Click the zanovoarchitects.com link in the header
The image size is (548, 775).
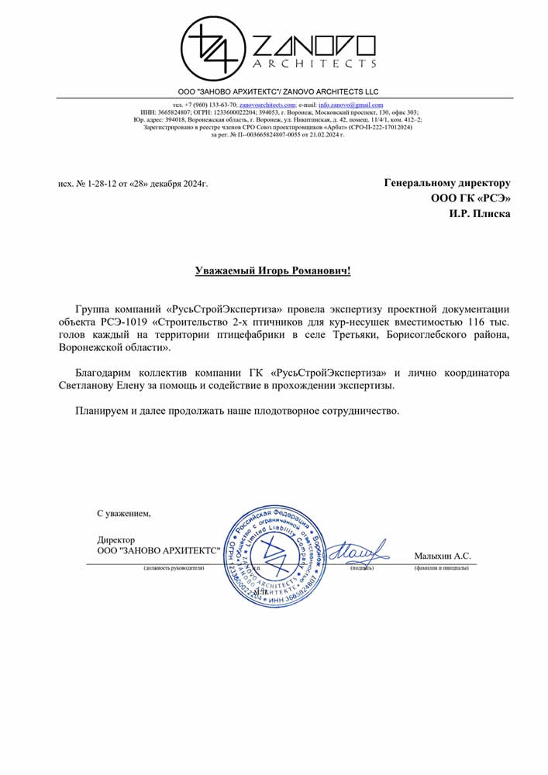tap(267, 105)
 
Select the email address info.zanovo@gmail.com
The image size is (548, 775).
tap(350, 105)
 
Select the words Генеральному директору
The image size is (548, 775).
tap(447, 183)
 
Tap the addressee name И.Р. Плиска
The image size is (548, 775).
tap(480, 214)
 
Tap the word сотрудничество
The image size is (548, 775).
tap(360, 410)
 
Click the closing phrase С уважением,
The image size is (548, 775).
tap(124, 513)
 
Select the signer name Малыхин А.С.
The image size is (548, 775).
tap(443, 556)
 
